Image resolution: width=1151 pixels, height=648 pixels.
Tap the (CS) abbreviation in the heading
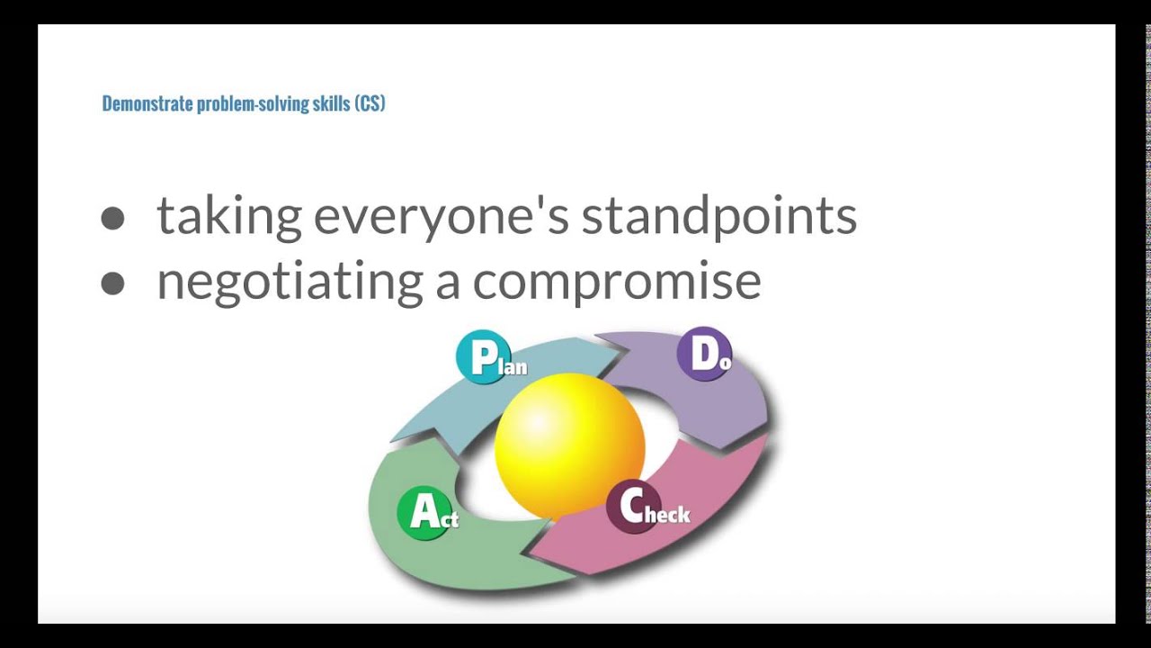(x=370, y=103)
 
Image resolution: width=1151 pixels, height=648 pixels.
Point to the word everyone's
(x=441, y=216)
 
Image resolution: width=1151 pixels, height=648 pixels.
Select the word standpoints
(x=718, y=216)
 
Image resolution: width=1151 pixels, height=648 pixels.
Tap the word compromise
(x=617, y=282)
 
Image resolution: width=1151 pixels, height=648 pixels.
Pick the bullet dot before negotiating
(x=112, y=283)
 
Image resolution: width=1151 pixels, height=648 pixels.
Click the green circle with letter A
(x=423, y=513)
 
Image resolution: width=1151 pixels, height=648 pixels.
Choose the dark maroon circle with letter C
(x=632, y=507)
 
